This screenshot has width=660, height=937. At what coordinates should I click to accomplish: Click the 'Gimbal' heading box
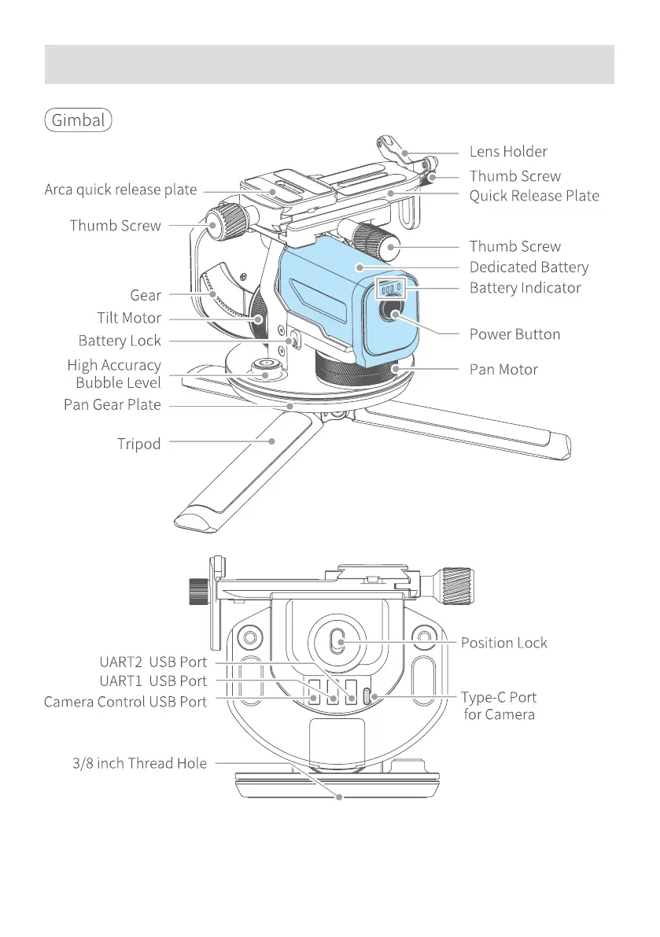(79, 120)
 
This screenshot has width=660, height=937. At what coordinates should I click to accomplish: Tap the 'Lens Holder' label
(508, 151)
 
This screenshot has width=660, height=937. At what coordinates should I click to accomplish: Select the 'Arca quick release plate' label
(120, 190)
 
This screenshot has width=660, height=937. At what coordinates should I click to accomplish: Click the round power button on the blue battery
(392, 314)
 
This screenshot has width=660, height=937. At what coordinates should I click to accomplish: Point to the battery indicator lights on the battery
(391, 288)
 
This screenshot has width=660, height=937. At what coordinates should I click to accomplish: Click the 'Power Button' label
(514, 334)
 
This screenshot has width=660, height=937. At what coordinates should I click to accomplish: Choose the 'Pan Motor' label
(503, 369)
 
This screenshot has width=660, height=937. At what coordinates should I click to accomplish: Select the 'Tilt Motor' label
(124, 318)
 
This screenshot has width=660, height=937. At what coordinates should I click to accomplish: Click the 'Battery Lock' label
(120, 341)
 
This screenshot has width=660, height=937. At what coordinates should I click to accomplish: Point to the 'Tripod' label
(139, 444)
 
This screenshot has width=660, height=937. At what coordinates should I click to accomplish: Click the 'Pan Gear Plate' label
(112, 404)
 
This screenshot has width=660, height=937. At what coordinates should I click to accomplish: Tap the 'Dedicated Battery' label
(529, 267)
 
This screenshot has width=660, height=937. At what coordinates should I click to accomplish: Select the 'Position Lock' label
(503, 643)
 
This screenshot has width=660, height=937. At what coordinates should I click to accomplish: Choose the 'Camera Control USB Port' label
(125, 702)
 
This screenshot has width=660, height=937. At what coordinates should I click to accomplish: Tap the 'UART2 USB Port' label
(153, 662)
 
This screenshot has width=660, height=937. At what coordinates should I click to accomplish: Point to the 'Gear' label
(146, 295)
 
